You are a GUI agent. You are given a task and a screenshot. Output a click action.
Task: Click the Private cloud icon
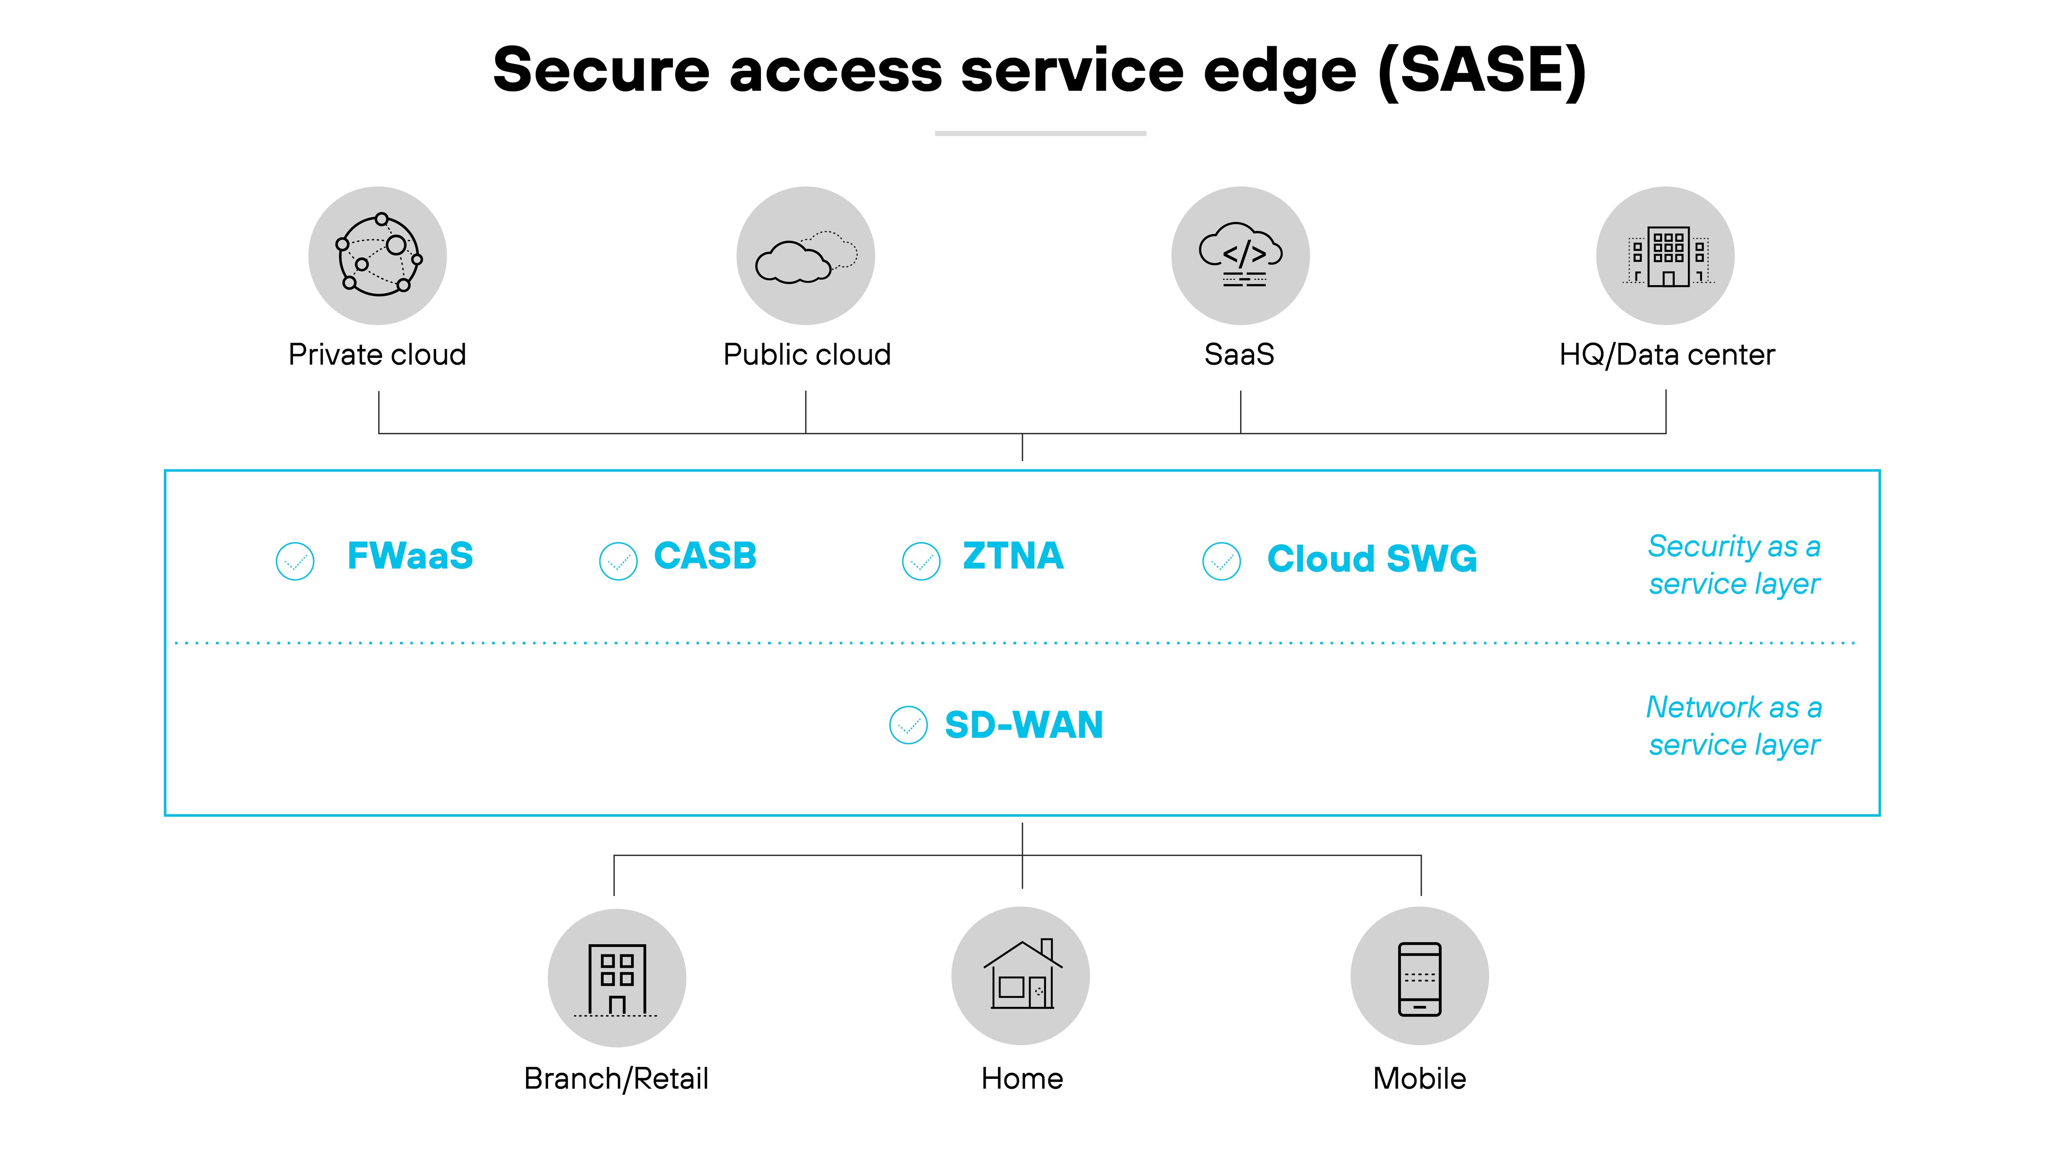coord(378,256)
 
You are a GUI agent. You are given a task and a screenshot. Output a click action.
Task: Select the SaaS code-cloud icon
coord(1240,256)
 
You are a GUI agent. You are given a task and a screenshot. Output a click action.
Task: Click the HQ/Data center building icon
coord(1665,256)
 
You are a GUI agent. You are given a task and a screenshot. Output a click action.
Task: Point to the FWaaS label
coord(410,555)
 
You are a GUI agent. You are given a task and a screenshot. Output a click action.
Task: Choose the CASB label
coord(705,555)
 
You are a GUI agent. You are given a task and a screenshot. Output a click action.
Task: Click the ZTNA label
coord(1013,555)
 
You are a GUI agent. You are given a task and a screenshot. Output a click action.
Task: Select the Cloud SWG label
coord(1372,559)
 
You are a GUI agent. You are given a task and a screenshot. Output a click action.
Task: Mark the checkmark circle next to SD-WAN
coord(908,725)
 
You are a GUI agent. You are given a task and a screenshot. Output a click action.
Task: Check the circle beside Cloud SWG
coord(1222,561)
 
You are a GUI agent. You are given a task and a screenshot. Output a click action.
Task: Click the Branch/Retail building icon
coord(617,978)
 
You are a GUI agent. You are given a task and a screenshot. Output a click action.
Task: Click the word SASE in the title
coord(1481,70)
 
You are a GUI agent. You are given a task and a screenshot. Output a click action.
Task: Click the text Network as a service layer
coord(1734,725)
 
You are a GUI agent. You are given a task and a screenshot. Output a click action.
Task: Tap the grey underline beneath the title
coord(1040,133)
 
